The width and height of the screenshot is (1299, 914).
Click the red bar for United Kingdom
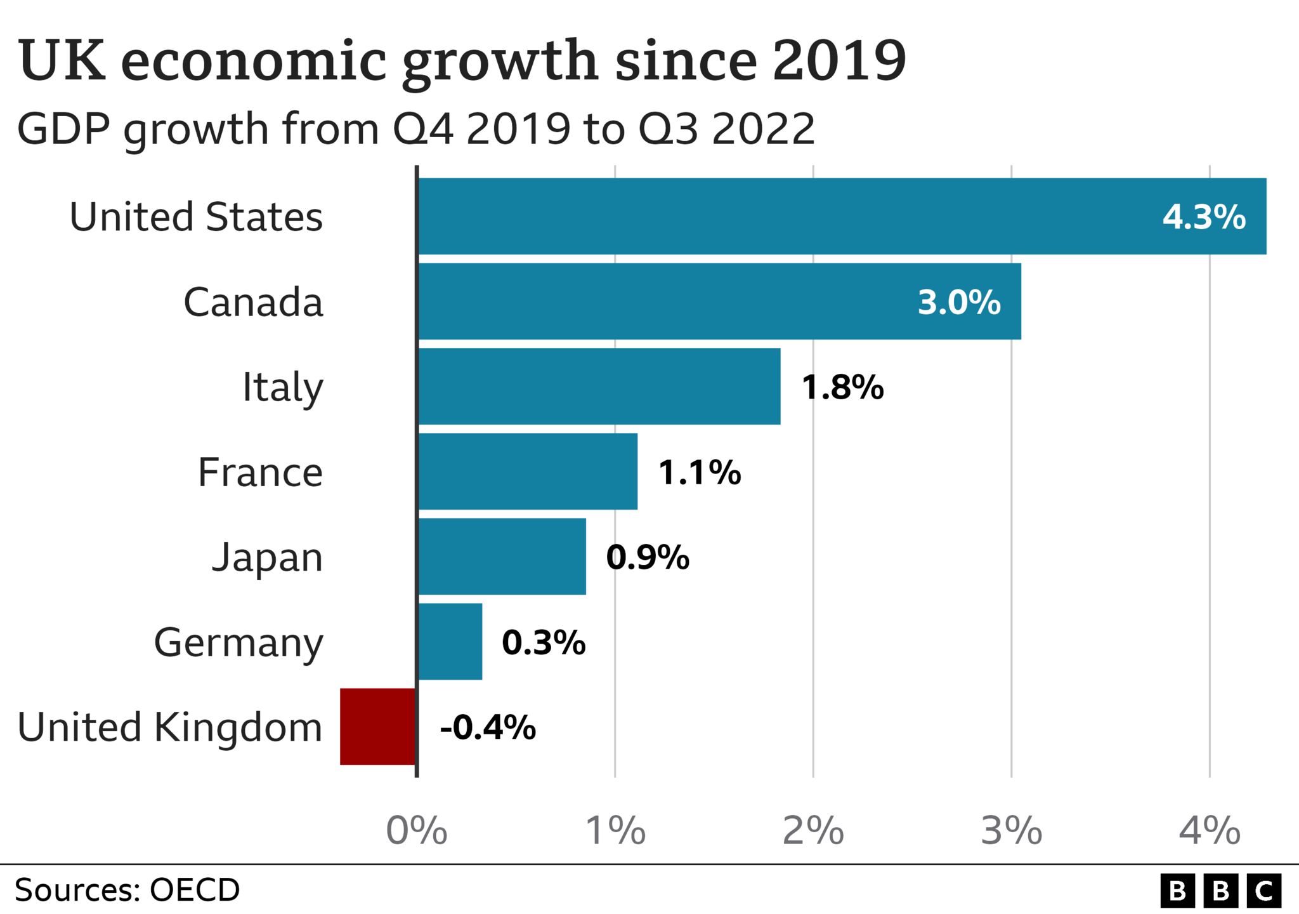click(x=378, y=726)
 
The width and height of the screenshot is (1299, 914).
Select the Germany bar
click(x=450, y=641)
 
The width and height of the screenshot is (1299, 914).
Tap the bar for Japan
click(x=502, y=556)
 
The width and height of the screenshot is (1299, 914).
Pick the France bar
click(x=528, y=471)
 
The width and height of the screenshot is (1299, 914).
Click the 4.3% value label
click(x=1203, y=217)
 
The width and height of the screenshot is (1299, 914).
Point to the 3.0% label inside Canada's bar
click(x=958, y=302)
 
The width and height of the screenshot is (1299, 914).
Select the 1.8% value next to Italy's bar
click(x=842, y=387)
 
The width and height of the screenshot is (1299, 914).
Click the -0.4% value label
click(x=487, y=727)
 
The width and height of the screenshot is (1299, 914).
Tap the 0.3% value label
click(x=543, y=642)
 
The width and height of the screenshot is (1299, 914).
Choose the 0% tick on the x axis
click(x=417, y=830)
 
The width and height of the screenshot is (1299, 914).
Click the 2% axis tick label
click(x=813, y=830)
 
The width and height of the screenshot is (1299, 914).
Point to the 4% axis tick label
click(x=1209, y=830)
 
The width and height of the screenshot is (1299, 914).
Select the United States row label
click(x=196, y=217)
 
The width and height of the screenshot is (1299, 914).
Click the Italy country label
click(x=283, y=387)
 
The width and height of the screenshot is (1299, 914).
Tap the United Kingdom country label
click(x=170, y=727)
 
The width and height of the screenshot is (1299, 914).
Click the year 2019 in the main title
click(x=839, y=61)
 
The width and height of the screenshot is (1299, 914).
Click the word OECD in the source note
click(x=195, y=890)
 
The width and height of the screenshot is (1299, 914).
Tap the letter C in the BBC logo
click(x=1264, y=891)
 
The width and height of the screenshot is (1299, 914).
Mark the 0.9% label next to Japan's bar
click(x=647, y=557)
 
